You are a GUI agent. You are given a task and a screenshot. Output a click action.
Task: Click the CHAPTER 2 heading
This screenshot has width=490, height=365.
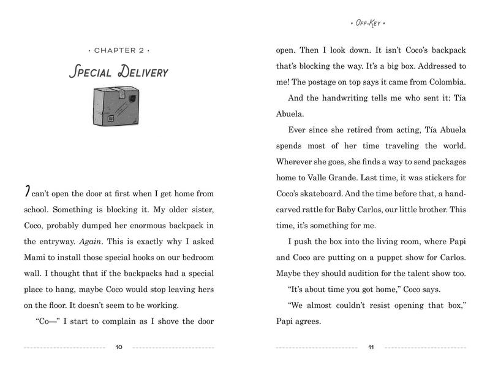[x=119, y=48]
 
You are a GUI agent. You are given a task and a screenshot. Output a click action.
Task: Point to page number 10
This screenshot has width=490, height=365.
[x=119, y=348]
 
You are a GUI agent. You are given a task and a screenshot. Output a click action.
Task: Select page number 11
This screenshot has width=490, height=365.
[x=371, y=348]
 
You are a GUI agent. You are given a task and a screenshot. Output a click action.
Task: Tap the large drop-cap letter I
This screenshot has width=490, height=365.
[x=26, y=193]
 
